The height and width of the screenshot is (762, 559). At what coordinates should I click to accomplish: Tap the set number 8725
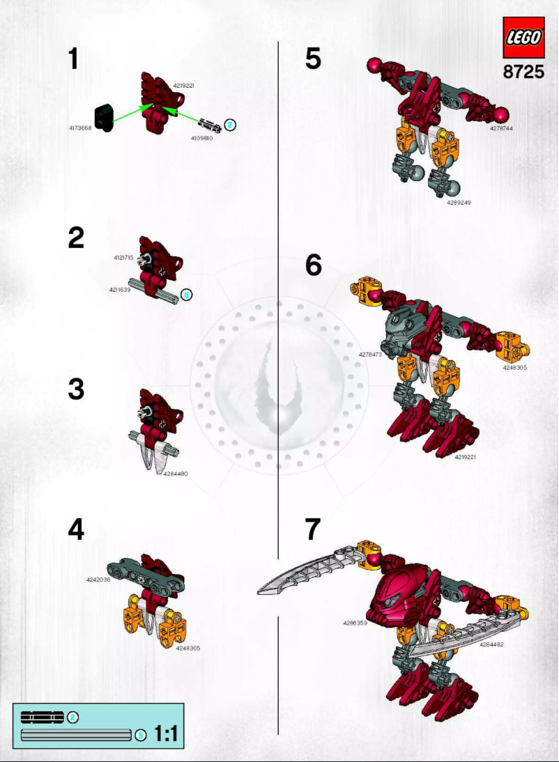click(x=523, y=72)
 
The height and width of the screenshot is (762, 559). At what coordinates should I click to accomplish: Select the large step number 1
click(x=73, y=59)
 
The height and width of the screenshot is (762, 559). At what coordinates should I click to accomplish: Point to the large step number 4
click(x=76, y=529)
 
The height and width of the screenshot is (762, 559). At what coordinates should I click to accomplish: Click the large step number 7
click(x=313, y=529)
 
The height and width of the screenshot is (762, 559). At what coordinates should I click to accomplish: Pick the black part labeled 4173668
click(x=104, y=117)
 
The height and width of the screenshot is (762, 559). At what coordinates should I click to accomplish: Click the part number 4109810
click(x=201, y=138)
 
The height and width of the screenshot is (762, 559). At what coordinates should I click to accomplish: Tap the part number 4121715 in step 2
click(x=123, y=258)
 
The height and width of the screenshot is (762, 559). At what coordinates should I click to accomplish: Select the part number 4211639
click(x=119, y=290)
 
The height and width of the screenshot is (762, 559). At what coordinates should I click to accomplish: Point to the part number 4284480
click(x=175, y=474)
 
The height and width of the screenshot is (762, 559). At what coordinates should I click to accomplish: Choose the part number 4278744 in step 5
click(x=501, y=128)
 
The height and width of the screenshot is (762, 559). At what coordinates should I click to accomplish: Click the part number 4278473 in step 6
click(x=370, y=355)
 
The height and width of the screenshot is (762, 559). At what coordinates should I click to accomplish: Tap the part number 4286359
click(x=355, y=623)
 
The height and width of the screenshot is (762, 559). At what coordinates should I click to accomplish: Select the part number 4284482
click(x=491, y=644)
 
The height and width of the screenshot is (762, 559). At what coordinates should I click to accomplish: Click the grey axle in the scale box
click(x=76, y=735)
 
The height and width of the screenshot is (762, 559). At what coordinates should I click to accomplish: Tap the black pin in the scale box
click(x=43, y=717)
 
